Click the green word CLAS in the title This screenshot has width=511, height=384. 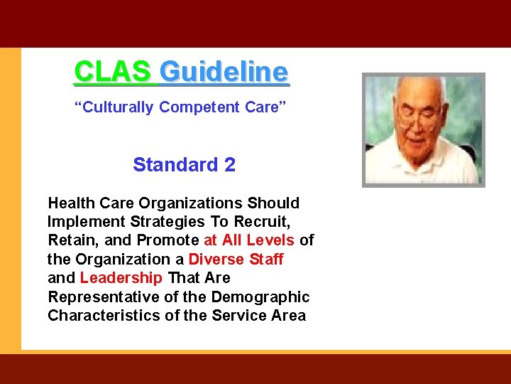click(112, 72)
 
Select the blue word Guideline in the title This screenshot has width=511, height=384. click(224, 72)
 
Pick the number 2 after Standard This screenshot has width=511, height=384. click(229, 165)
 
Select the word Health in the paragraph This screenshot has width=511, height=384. click(70, 203)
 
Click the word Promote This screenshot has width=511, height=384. click(167, 240)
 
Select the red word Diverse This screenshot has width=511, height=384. click(215, 259)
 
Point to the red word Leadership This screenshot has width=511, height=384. click(121, 277)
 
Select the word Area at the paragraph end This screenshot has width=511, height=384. click(288, 315)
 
